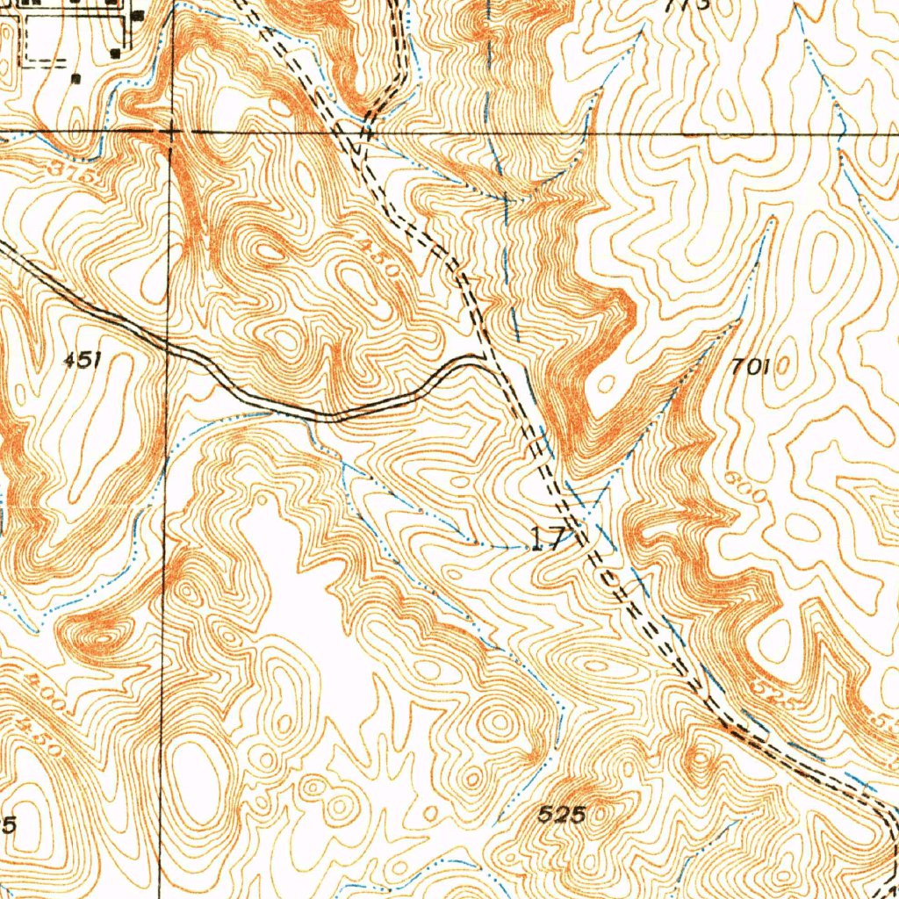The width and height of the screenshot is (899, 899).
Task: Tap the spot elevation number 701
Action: click(x=750, y=367)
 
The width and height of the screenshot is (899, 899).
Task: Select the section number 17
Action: click(x=549, y=539)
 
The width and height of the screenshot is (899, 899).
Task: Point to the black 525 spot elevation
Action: click(x=562, y=814)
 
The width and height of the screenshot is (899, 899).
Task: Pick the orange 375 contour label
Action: click(x=77, y=172)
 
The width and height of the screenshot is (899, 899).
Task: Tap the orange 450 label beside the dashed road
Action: click(x=382, y=258)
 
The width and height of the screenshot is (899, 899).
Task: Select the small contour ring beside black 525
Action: click(x=604, y=816)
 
